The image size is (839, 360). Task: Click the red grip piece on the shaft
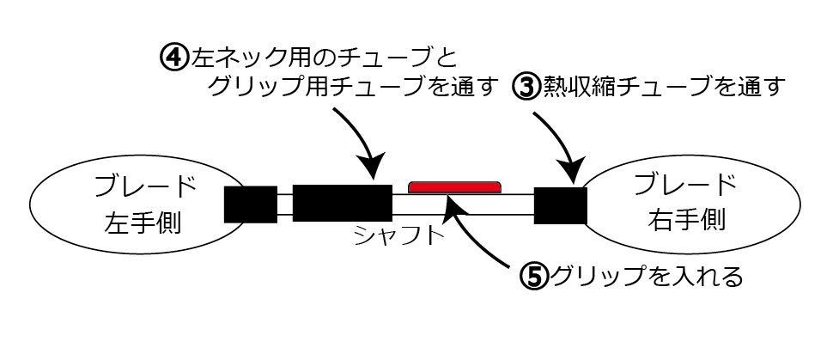click(455, 187)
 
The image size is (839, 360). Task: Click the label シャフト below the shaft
click(399, 235)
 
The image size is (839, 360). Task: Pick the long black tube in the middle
click(343, 203)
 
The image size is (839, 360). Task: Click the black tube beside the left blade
click(251, 204)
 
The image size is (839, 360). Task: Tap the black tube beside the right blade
click(560, 205)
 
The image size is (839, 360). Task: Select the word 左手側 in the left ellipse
click(143, 222)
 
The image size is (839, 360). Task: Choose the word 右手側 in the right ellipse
click(687, 218)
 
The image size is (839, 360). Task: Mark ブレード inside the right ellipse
click(686, 185)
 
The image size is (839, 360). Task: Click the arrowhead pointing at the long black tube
click(372, 167)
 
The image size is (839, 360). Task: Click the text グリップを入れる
click(647, 277)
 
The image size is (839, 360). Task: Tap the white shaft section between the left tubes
click(284, 204)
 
